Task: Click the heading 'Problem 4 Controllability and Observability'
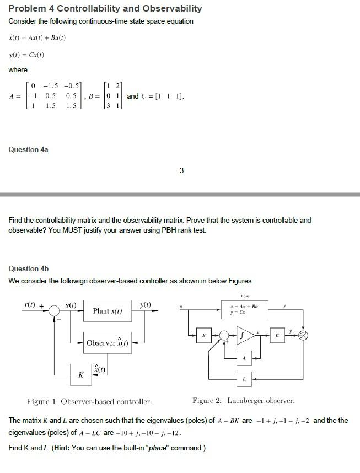click(105, 9)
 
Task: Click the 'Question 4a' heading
click(29, 149)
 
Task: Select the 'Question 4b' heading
click(29, 268)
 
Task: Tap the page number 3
click(182, 170)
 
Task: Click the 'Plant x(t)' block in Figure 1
click(108, 311)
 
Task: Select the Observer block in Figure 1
click(108, 343)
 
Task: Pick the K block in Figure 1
click(81, 375)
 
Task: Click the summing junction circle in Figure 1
click(53, 311)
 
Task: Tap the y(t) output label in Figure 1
click(146, 304)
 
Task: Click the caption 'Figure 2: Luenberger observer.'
click(243, 401)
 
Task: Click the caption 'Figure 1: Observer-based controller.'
click(89, 401)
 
